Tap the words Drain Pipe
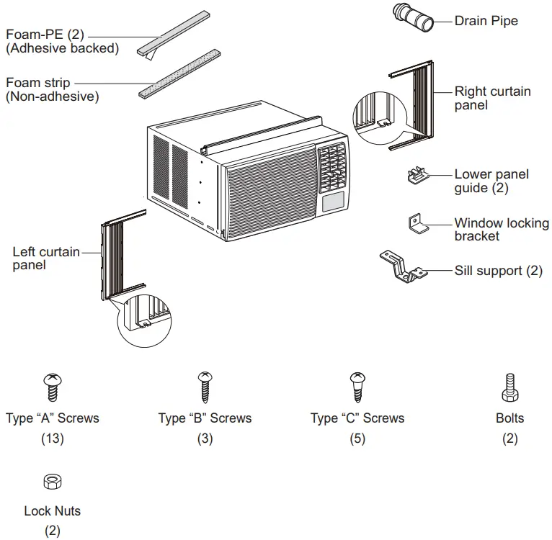(486, 21)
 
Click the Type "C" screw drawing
(357, 387)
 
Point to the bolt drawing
(509, 387)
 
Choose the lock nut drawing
(52, 481)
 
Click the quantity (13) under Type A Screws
(52, 438)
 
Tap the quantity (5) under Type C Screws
(357, 438)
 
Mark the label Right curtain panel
(492, 99)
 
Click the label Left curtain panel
(45, 258)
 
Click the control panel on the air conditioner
(331, 169)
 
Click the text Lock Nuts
(52, 511)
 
